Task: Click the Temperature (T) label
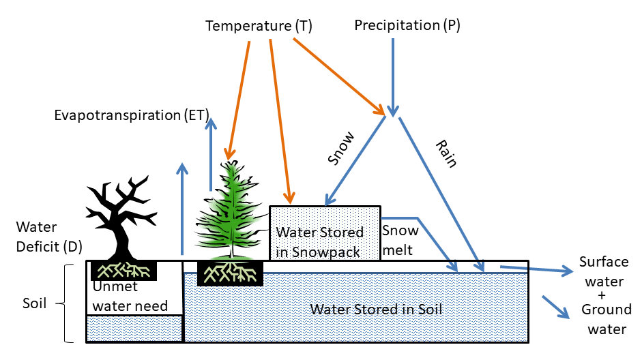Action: pos(259,27)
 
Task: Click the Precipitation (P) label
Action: pos(407,26)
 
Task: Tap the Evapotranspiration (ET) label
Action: pos(132,115)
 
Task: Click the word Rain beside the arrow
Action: pos(446,153)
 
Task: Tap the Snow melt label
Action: pos(398,241)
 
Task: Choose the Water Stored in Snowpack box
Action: pos(325,232)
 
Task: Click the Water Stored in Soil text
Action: pos(376,309)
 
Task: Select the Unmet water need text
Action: pos(130,297)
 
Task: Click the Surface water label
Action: pos(604,271)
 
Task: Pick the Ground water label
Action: pos(606,320)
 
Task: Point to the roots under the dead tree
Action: pos(123,270)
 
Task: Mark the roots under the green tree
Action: pos(231,273)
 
